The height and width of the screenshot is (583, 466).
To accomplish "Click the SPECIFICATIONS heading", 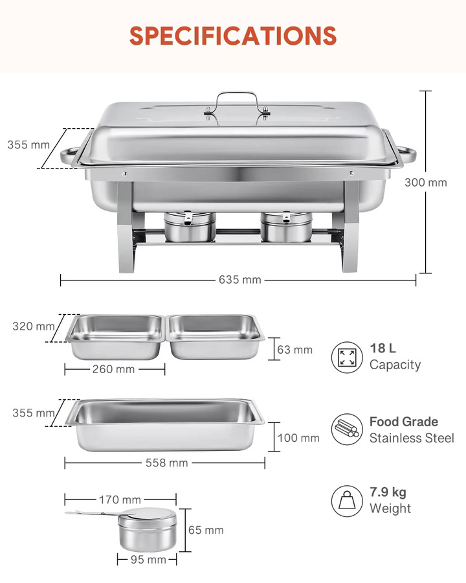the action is click(x=233, y=36).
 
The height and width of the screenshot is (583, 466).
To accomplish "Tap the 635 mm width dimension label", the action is click(x=240, y=280).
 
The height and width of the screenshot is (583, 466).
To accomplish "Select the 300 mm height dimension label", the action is click(x=426, y=183).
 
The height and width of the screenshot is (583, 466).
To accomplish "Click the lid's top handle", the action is click(x=237, y=97).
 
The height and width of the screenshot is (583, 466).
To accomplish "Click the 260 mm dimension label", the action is click(x=114, y=369).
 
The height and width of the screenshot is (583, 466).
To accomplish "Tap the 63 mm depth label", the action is click(x=294, y=350).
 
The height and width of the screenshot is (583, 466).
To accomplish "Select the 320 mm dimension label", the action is click(x=34, y=326).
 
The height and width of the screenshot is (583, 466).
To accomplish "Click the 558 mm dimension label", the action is click(x=167, y=463).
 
